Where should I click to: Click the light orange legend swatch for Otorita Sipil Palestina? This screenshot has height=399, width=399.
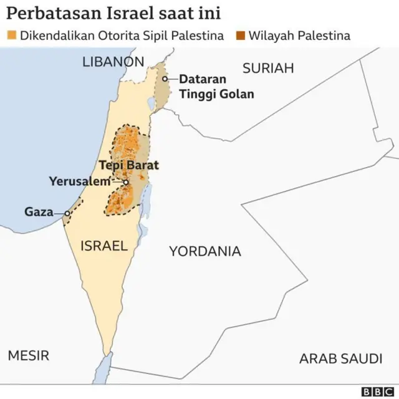pyautogui.click(x=11, y=35)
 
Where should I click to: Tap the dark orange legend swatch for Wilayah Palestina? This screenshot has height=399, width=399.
pyautogui.click(x=240, y=35)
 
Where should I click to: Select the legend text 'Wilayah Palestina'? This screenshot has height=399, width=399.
pyautogui.click(x=299, y=35)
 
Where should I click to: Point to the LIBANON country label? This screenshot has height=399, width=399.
pyautogui.click(x=113, y=62)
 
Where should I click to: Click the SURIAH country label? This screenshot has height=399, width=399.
pyautogui.click(x=267, y=69)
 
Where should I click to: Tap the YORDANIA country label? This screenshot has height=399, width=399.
pyautogui.click(x=204, y=251)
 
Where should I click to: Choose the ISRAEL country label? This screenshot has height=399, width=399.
pyautogui.click(x=103, y=246)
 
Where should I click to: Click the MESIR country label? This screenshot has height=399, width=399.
pyautogui.click(x=28, y=355)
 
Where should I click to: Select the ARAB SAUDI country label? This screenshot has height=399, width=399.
pyautogui.click(x=340, y=358)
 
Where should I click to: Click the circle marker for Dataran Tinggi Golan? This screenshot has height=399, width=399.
pyautogui.click(x=165, y=79)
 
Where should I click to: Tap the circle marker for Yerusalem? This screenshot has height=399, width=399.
pyautogui.click(x=126, y=182)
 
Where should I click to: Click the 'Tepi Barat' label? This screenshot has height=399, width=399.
pyautogui.click(x=129, y=166)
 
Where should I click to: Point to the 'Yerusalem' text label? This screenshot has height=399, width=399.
pyautogui.click(x=84, y=181)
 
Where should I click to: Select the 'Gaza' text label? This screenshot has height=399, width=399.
pyautogui.click(x=39, y=212)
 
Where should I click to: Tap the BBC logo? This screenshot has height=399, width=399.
pyautogui.click(x=376, y=391)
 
